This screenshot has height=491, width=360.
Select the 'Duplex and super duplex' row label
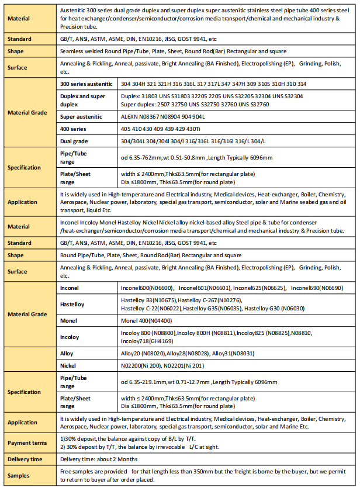pyautogui.click(x=84, y=100)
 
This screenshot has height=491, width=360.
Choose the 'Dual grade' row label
pyautogui.click(x=74, y=141)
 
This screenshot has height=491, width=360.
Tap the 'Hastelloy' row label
pyautogui.click(x=73, y=305)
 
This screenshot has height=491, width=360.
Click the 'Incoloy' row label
pyautogui.click(x=70, y=337)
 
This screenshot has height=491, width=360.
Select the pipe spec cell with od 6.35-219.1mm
pyautogui.click(x=199, y=382)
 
